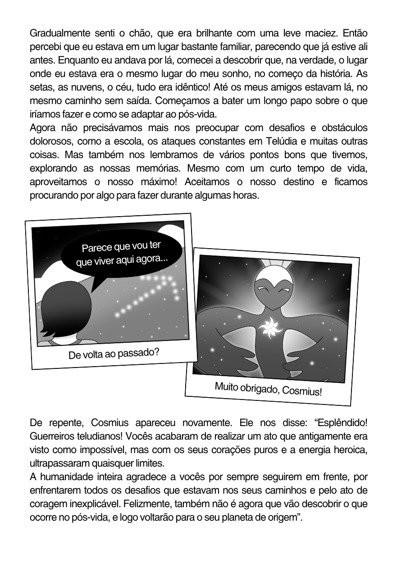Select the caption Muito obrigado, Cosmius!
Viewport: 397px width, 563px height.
[x=268, y=389]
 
